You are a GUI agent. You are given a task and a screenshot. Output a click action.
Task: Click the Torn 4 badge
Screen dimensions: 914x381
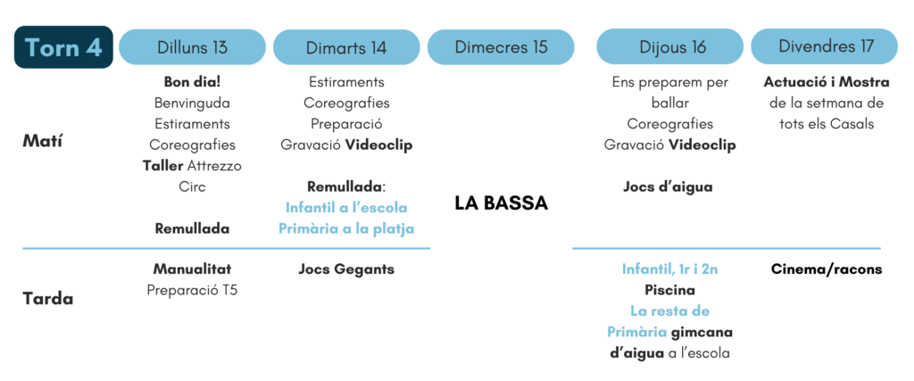coord(63,47)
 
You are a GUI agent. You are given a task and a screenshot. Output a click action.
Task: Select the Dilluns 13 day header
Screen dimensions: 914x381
coord(193,47)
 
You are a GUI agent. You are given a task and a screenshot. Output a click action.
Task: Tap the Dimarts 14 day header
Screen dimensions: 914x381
coord(346,47)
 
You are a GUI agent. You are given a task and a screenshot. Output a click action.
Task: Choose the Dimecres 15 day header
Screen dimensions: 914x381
coord(501,47)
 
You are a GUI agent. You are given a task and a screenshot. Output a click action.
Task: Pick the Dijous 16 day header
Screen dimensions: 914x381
coord(669,47)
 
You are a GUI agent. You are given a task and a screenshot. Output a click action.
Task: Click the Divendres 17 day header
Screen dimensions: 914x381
coord(824,47)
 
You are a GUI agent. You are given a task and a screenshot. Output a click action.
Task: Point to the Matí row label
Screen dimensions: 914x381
coord(42,142)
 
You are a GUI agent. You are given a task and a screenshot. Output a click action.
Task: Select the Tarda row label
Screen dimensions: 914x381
coord(48,299)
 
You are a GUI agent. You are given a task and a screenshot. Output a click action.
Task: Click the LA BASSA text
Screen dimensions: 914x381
coord(502,203)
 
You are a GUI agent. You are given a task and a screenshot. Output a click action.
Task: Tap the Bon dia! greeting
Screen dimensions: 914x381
coord(193,82)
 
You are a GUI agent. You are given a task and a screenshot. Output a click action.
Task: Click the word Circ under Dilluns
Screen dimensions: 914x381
coord(193,187)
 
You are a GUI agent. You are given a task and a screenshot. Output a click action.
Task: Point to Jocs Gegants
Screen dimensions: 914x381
coord(346,269)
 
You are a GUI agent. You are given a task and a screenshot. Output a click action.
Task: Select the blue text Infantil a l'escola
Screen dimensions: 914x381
coord(346,208)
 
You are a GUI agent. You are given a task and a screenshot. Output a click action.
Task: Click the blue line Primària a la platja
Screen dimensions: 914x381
coord(346,229)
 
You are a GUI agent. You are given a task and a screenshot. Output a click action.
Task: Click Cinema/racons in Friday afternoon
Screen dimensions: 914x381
coord(827,269)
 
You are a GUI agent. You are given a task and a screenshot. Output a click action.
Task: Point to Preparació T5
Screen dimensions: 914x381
coord(193,290)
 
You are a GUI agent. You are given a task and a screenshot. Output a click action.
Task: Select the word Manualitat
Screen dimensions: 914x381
coord(193,269)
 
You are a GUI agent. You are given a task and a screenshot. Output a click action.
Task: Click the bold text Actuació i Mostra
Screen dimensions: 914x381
coord(827,82)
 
